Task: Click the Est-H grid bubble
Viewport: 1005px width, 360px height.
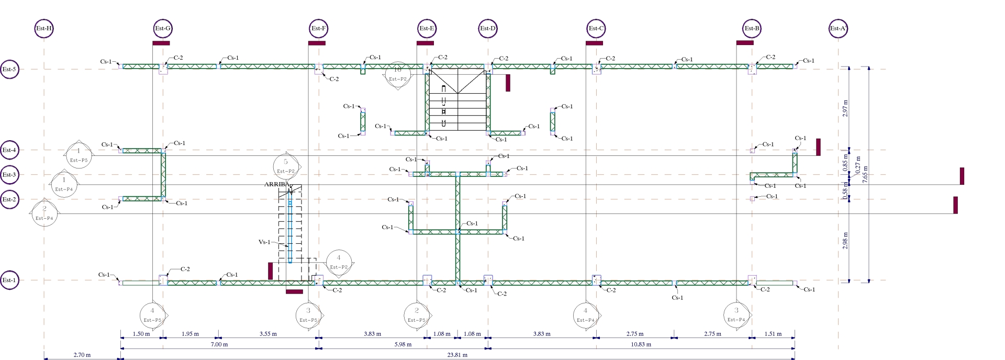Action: click(44, 28)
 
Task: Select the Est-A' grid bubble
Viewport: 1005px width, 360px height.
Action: click(839, 28)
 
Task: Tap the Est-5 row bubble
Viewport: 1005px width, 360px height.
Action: click(9, 69)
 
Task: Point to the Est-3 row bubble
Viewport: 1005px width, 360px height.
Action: click(9, 175)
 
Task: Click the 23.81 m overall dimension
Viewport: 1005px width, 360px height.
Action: click(457, 355)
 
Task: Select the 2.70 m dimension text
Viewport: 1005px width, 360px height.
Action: click(82, 355)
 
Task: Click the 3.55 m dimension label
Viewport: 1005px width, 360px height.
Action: click(267, 334)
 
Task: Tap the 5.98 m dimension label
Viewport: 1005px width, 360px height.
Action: click(403, 344)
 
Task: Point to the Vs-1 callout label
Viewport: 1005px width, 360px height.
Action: click(264, 242)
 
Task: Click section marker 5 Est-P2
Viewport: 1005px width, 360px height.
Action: click(286, 166)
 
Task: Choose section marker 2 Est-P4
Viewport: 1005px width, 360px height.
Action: click(44, 213)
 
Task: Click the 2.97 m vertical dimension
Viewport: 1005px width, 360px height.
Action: click(845, 109)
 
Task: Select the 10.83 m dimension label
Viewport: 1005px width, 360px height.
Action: click(641, 344)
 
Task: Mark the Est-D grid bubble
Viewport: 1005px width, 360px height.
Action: click(488, 28)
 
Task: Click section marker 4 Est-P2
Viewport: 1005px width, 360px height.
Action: click(339, 262)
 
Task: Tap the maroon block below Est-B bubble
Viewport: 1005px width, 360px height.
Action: click(744, 43)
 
